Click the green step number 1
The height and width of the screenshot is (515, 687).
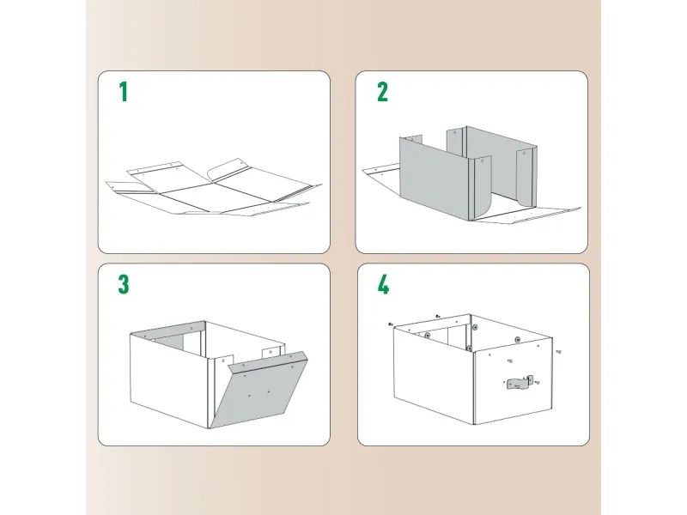124,92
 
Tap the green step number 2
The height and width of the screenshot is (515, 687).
382,92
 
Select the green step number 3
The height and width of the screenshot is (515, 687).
124,285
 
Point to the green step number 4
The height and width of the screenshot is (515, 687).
383,285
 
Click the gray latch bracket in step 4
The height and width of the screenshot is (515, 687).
520,382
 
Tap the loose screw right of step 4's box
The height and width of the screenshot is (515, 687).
559,351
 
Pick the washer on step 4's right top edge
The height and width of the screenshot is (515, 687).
518,340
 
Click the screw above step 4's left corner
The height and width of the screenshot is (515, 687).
391,324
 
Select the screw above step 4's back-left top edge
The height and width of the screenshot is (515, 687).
438,316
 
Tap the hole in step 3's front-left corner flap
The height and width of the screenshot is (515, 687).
223,360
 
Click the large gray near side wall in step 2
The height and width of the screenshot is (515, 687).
434,178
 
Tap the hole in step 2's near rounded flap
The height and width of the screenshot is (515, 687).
483,161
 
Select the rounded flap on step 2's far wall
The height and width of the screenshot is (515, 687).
525,178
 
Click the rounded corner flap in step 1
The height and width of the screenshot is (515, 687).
228,170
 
